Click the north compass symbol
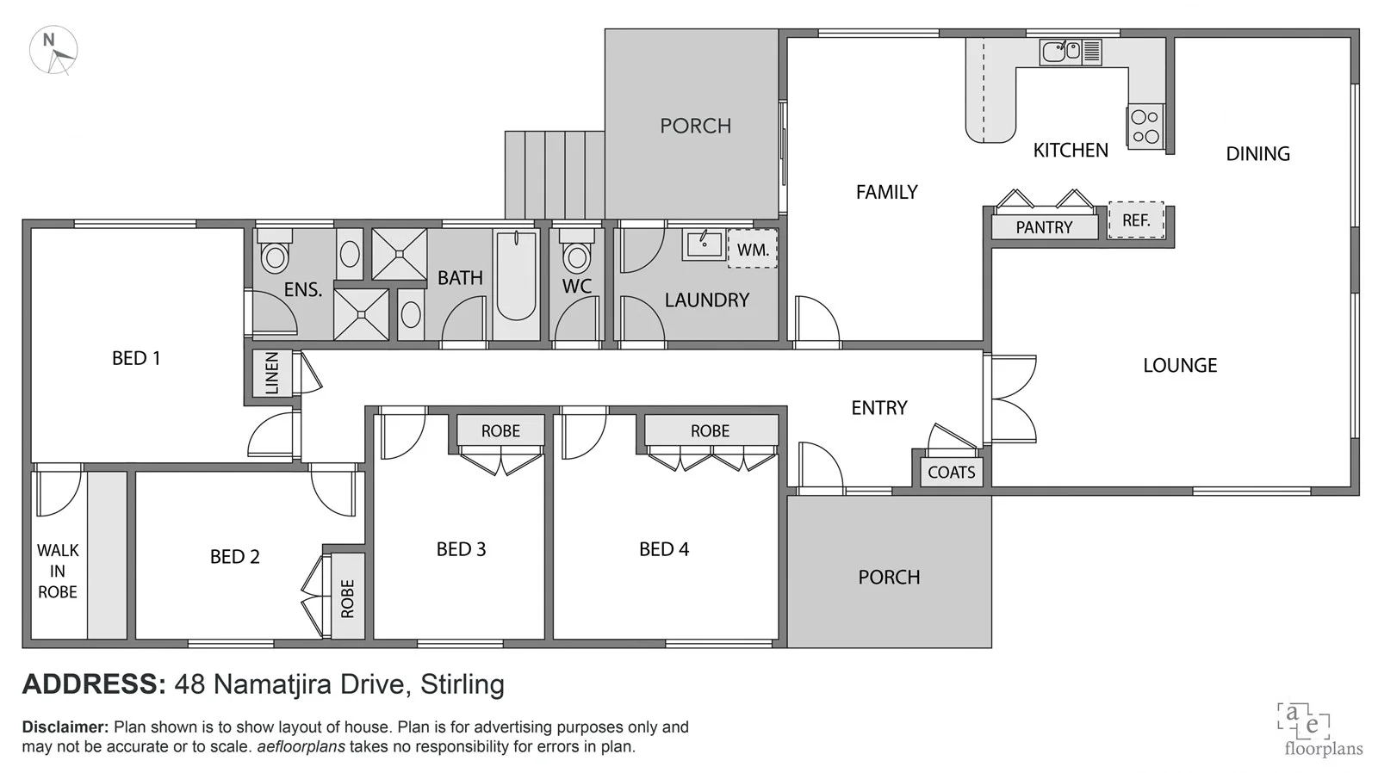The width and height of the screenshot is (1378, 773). (x=53, y=50)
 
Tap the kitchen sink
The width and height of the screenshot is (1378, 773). (x=1061, y=52)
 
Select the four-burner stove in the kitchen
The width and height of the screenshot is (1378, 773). (x=1145, y=127)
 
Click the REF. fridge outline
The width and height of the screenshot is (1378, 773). (x=1135, y=220)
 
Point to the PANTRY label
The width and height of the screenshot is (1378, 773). (x=1044, y=227)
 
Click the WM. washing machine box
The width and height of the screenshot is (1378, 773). (x=752, y=250)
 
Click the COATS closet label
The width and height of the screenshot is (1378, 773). (x=951, y=472)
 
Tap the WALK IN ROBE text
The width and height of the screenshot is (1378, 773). (x=58, y=571)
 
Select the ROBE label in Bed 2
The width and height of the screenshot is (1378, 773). (x=348, y=598)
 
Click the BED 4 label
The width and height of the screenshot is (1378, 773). (x=663, y=549)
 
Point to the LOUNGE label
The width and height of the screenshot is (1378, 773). (x=1179, y=365)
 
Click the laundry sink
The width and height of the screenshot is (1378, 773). (x=704, y=244)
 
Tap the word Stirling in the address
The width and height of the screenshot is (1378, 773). (x=462, y=684)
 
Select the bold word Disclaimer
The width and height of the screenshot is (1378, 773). (x=65, y=727)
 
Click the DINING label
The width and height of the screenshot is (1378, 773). (x=1257, y=154)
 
